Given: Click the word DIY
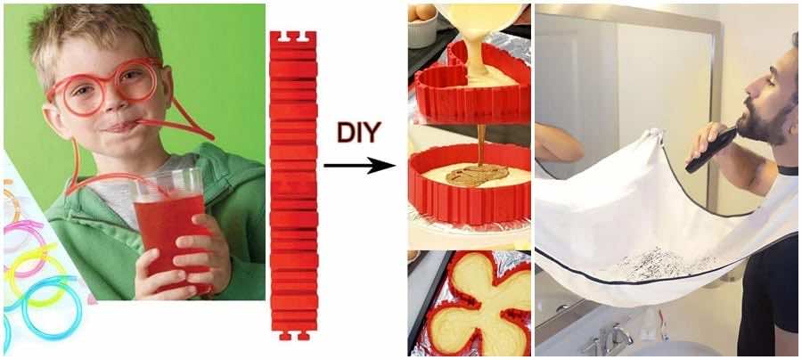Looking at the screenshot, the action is tap(359, 133).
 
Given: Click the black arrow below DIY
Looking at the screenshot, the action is tap(360, 166).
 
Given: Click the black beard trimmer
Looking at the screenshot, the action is tap(711, 151).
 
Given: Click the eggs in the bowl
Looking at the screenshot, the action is tap(422, 12).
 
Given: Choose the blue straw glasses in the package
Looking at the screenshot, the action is tap(46, 306).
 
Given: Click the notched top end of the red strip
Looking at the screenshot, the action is tap(293, 37).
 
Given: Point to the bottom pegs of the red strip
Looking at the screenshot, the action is tap(293, 335).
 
